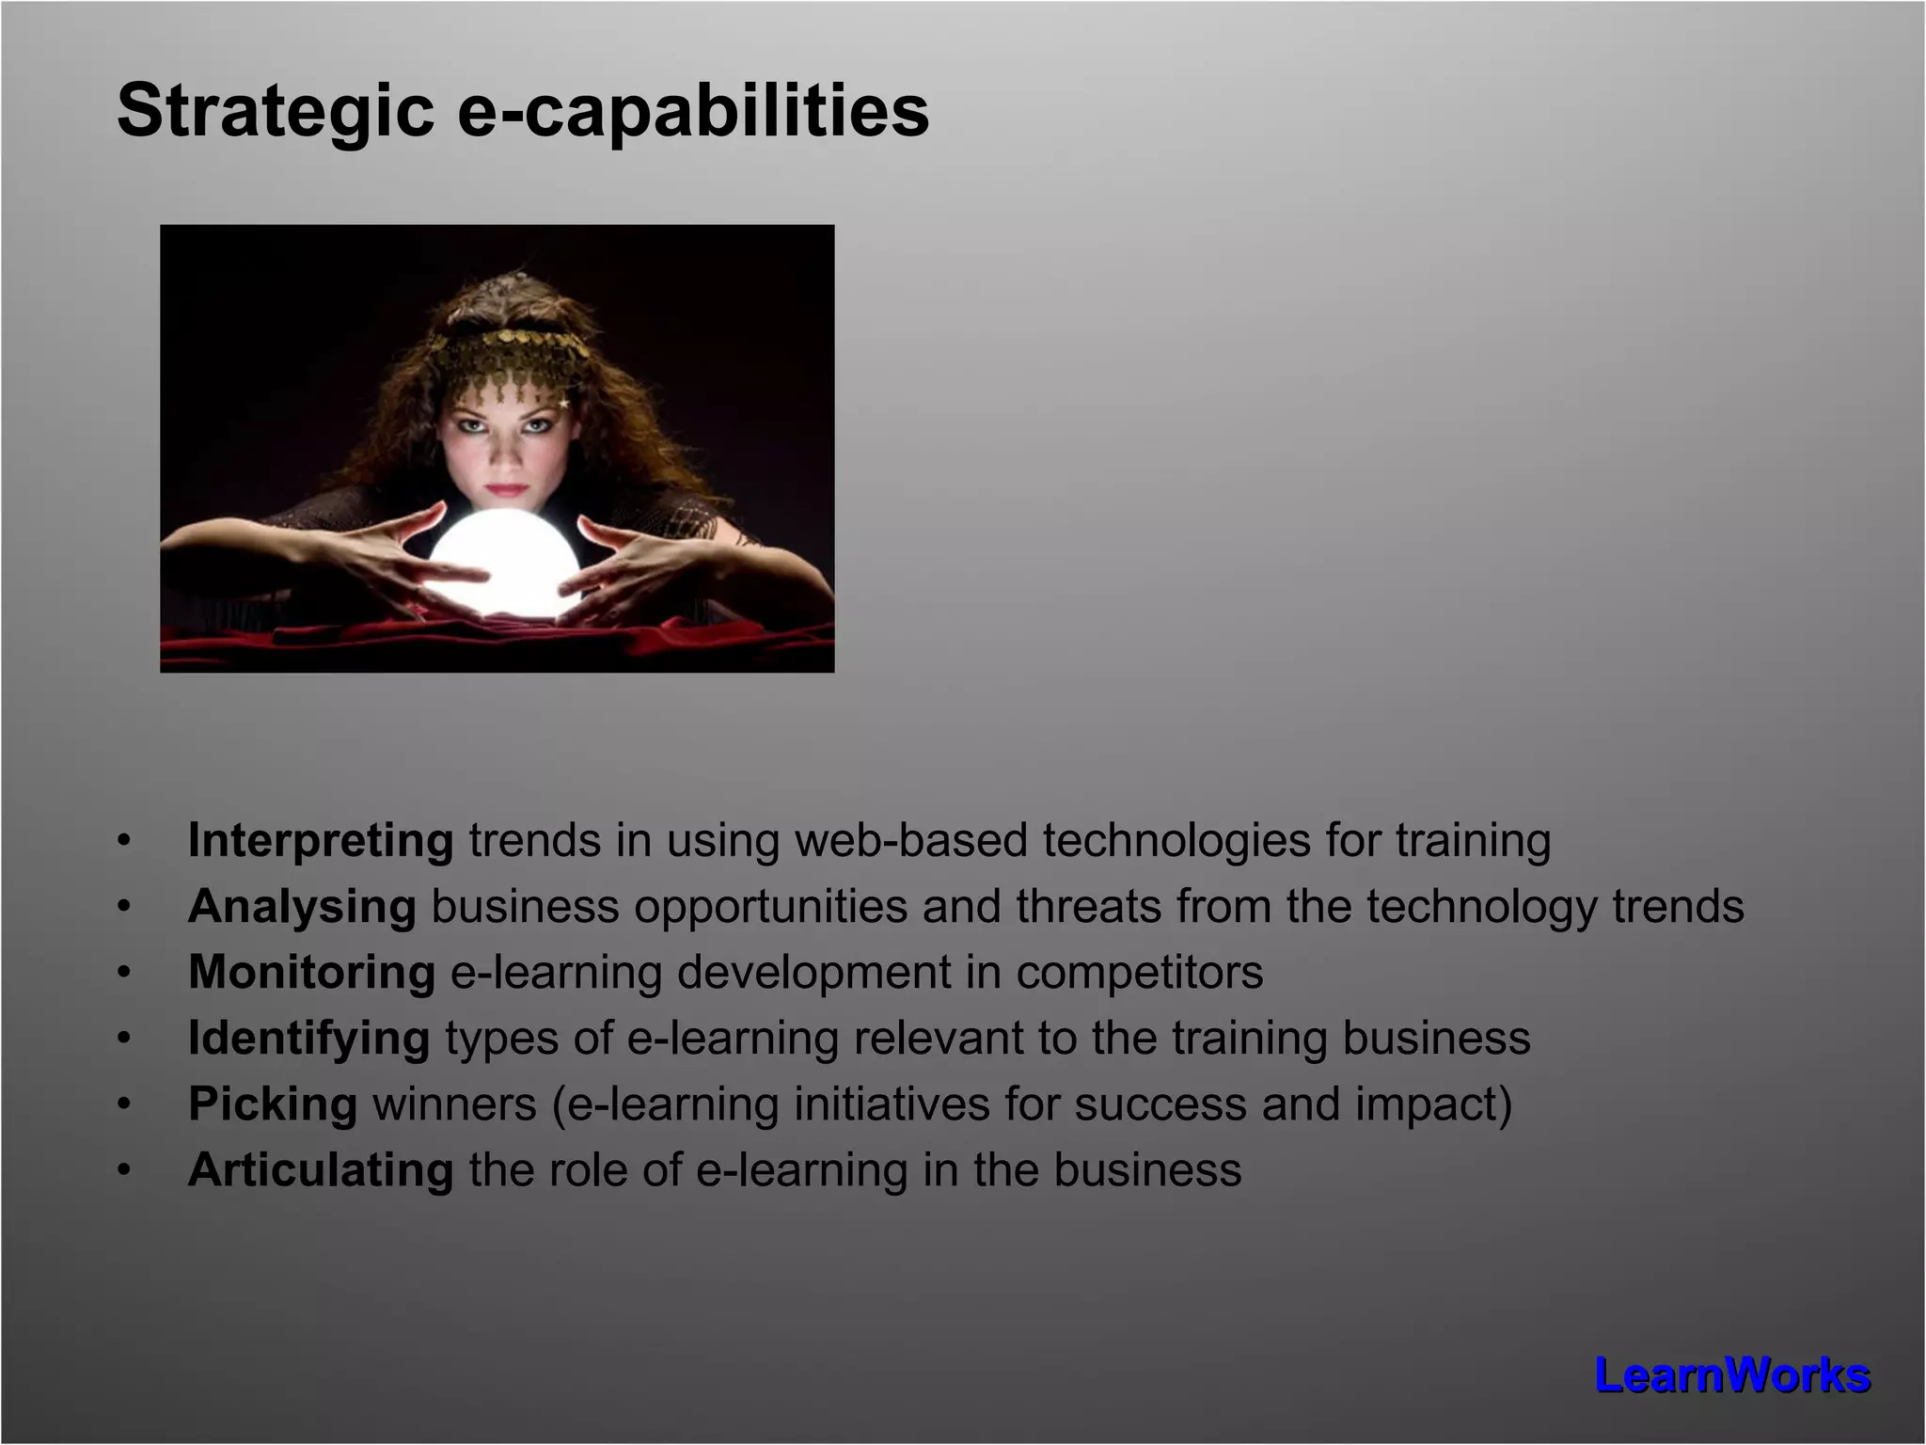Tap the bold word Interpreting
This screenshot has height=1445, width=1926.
pos(321,840)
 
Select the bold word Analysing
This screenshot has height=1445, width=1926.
pos(302,907)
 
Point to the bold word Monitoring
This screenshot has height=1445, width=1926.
pos(311,972)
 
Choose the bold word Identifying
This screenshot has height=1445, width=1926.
pos(308,1039)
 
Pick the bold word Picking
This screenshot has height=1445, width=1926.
pos(273,1104)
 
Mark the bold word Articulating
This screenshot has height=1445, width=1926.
pos(321,1170)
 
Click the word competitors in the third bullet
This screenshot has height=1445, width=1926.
pos(1139,973)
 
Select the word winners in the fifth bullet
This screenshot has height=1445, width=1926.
pos(454,1104)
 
